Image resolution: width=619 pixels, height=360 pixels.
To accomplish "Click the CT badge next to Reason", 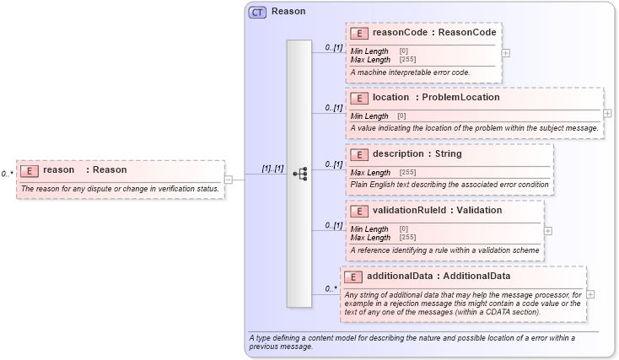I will (x=257, y=13).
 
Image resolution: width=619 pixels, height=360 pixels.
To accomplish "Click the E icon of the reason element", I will (x=30, y=170).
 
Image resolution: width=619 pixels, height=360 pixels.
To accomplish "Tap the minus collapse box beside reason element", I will (x=229, y=179).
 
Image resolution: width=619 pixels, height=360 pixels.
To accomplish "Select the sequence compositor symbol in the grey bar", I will (x=299, y=174).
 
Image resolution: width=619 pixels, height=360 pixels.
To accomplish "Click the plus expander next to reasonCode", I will (x=505, y=52).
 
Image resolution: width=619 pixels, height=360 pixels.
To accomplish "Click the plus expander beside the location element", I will (x=607, y=112).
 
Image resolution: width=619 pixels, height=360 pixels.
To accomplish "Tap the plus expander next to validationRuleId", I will (x=548, y=229).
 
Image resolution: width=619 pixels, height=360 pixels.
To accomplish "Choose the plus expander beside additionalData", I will (x=590, y=294).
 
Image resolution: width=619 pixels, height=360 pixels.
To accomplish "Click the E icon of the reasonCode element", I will (x=358, y=33).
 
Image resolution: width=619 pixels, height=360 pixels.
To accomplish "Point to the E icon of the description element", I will (x=358, y=154).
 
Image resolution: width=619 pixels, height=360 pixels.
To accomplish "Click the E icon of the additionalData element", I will (x=353, y=277).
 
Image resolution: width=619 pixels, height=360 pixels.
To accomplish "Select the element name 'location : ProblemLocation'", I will (x=436, y=97).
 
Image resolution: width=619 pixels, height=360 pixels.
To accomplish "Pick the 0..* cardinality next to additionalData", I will (x=331, y=289).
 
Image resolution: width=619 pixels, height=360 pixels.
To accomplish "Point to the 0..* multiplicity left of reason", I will (x=7, y=174).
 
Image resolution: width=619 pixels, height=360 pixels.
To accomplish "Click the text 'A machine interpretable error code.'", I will (x=410, y=73).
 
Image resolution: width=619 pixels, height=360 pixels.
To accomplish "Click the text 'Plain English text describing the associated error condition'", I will (x=449, y=184).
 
